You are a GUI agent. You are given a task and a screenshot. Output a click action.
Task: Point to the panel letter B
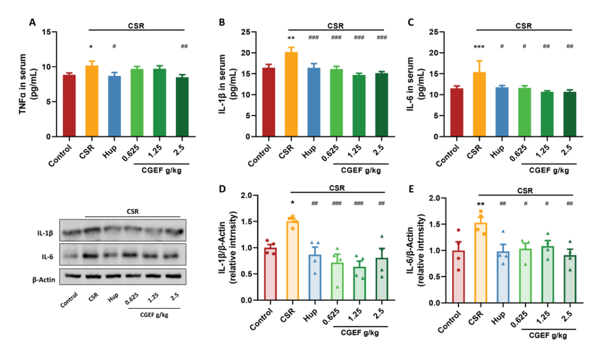point(223,23)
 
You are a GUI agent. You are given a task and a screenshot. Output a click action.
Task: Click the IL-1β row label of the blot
point(44,233)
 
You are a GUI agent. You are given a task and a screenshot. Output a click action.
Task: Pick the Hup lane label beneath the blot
point(113,300)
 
